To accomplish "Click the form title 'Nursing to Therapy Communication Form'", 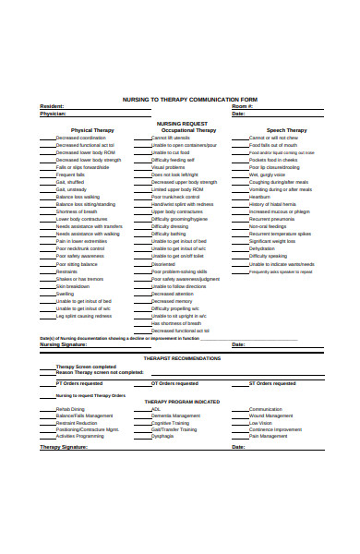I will pos(190,99).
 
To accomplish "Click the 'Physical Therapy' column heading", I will pos(92,130).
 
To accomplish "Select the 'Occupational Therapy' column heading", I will pos(190,130).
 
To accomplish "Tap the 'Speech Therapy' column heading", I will pos(287,130).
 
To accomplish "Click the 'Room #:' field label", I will pos(241,106).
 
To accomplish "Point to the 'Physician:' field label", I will pos(54,114).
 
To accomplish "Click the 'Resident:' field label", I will pos(53,106).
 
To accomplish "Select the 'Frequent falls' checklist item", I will pos(70,175).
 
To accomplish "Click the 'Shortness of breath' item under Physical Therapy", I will pos(78,211).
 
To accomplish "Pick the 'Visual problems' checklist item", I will pos(168,167).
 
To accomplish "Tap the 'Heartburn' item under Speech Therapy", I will pos(259,197).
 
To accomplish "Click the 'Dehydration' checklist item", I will pos(261,248).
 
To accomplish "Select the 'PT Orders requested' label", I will pos(79,382).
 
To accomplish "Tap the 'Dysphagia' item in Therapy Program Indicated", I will pos(162,436).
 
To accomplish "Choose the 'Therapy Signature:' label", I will pos(63,447).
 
